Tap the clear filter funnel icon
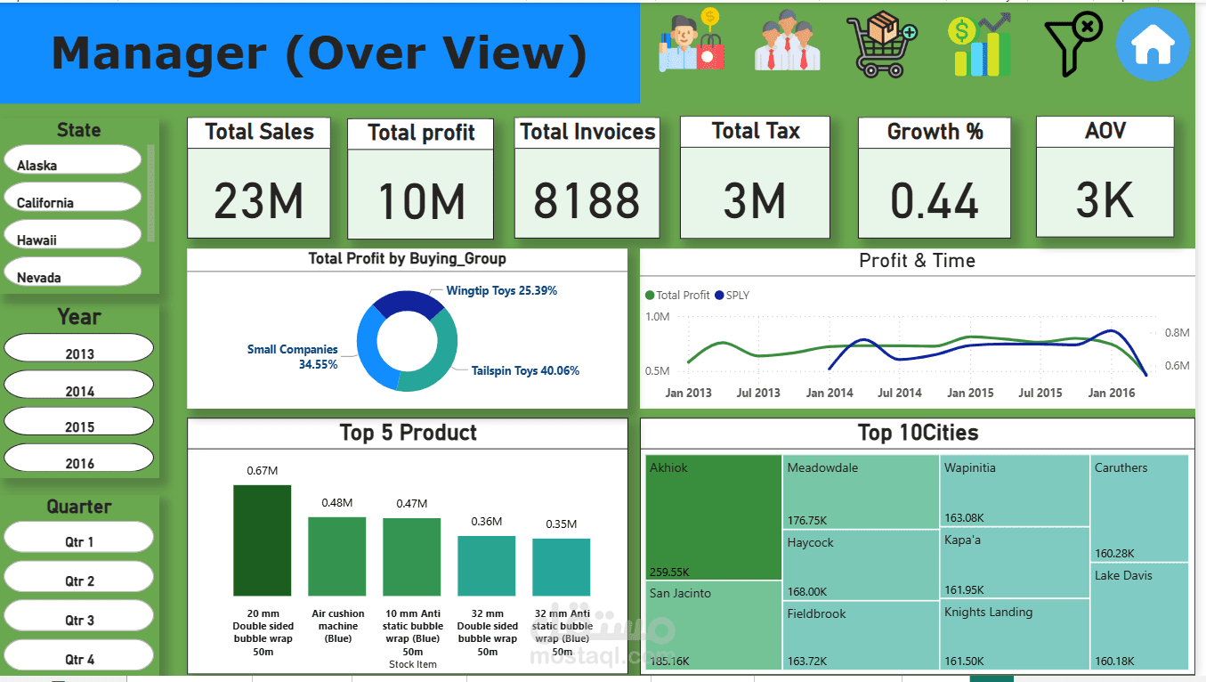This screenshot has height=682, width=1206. point(1072,44)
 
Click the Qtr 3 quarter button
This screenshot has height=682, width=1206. point(79,616)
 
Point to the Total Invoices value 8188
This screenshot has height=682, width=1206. point(587,200)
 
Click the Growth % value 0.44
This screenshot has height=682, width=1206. point(935,200)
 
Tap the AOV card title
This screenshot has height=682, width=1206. point(1105,132)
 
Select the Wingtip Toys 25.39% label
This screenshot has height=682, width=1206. point(501,291)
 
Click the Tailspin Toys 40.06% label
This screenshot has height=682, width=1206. point(525,370)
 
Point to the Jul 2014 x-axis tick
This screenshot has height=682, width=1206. point(899,393)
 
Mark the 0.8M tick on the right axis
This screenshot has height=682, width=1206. point(1177,333)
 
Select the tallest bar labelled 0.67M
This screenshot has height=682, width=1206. point(262,540)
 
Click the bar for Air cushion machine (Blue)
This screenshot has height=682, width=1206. point(336,556)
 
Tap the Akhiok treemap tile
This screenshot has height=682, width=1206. point(713,516)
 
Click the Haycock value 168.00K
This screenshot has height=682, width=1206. point(807,591)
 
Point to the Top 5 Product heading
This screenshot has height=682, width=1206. point(408,433)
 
